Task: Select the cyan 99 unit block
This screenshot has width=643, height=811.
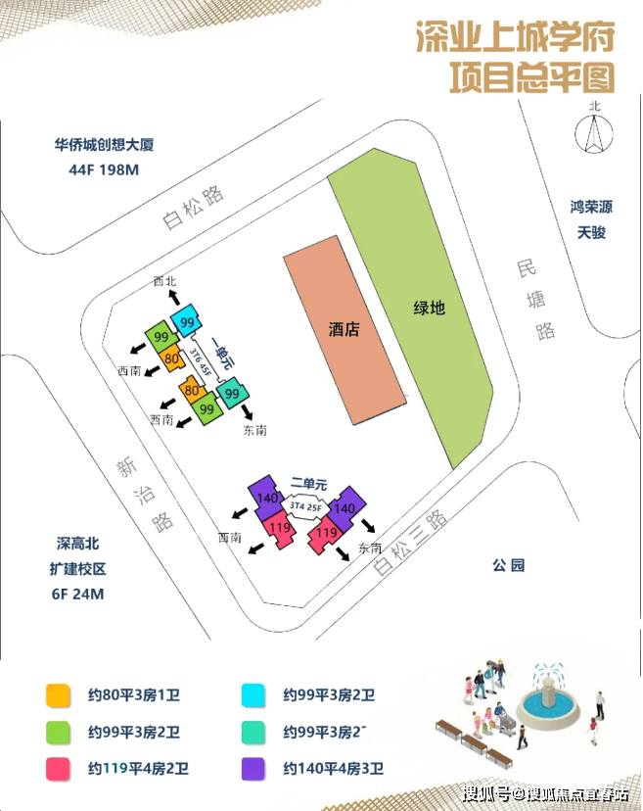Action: pos(187,322)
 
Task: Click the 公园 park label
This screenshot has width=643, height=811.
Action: pos(509,565)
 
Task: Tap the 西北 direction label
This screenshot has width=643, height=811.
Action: pos(166,281)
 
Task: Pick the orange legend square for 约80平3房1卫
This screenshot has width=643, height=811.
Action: pos(56,695)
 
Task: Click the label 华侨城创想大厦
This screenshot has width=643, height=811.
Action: pos(104,145)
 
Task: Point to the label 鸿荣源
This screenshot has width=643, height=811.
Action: pos(592,208)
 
